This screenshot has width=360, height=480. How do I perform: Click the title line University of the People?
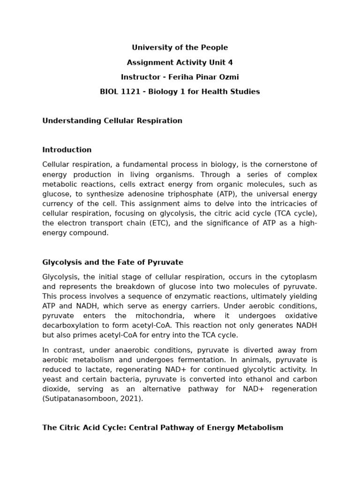point(180,48)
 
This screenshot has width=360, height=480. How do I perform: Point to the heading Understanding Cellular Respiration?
point(112,121)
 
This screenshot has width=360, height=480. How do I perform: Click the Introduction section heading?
point(67,150)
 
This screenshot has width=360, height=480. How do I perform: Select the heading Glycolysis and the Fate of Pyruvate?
point(112,262)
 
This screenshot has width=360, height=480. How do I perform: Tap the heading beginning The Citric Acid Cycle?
point(162,428)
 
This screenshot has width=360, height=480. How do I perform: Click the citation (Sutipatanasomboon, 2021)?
point(93,398)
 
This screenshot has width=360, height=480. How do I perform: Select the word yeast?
point(52,379)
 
